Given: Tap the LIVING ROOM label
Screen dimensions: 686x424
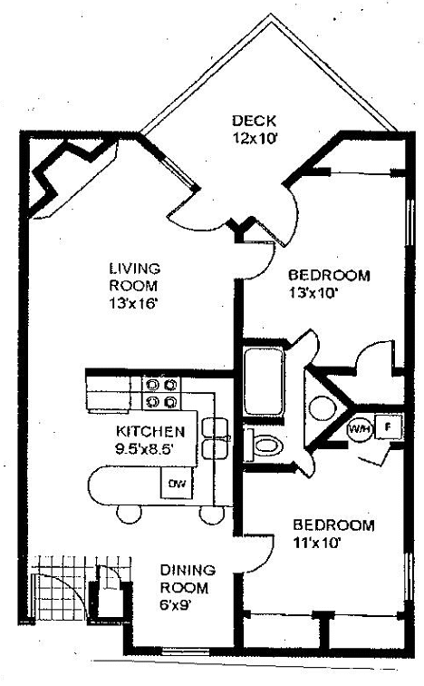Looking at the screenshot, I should click(x=134, y=278).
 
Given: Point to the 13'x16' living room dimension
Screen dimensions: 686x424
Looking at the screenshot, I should click(x=133, y=304).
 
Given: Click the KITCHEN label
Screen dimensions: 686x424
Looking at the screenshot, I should click(x=151, y=431).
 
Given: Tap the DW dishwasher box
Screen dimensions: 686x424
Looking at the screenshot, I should click(x=174, y=485).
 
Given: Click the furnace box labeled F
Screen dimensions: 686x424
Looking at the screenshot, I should click(x=387, y=426).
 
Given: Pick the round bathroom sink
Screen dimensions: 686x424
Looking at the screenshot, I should click(x=321, y=407).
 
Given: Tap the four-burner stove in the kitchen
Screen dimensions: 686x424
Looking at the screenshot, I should click(x=160, y=392).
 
